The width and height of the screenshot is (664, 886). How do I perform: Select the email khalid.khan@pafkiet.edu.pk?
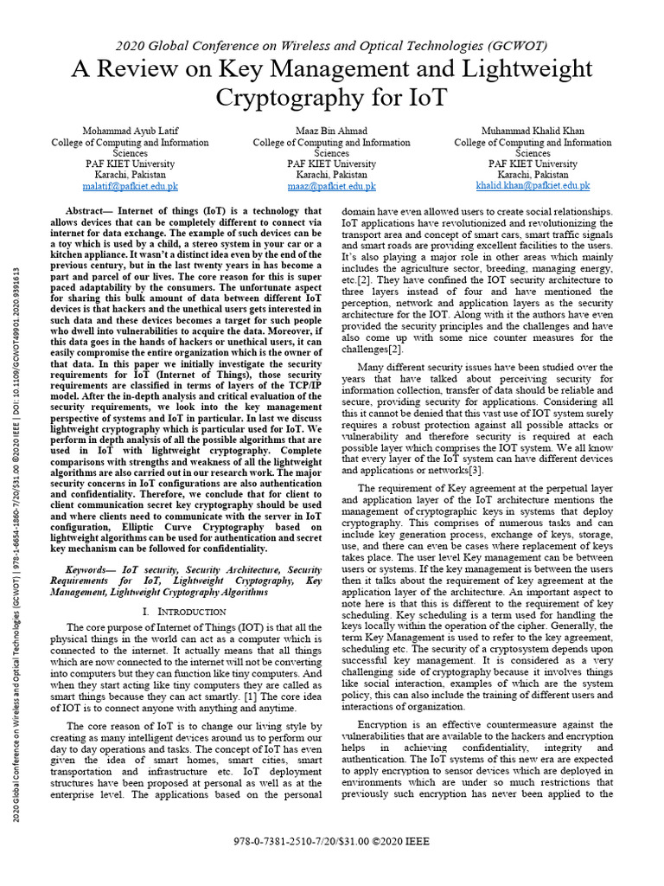pyautogui.click(x=533, y=185)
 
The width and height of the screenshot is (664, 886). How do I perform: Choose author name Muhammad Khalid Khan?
pyautogui.click(x=533, y=131)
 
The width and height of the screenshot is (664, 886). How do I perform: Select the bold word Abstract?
pyautogui.click(x=87, y=211)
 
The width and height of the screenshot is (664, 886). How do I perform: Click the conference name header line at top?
pyautogui.click(x=331, y=46)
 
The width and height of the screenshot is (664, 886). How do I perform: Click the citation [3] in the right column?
pyautogui.click(x=476, y=470)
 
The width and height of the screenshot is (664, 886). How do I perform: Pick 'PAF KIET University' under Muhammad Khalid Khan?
pyautogui.click(x=533, y=164)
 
